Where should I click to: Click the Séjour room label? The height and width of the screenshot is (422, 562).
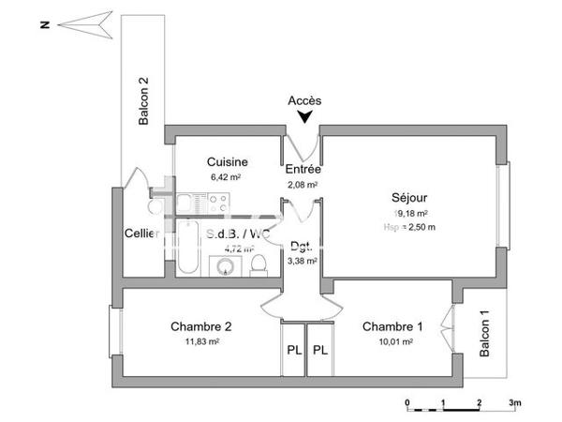[410, 198]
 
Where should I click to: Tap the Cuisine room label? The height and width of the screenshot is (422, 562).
[227, 161]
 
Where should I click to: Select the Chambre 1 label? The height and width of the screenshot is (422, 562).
[392, 326]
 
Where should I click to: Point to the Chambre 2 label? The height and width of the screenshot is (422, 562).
[200, 326]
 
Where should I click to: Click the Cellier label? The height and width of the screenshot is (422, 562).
[141, 234]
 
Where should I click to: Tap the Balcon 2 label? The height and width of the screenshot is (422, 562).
[144, 101]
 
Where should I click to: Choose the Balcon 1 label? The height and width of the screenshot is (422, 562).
[484, 334]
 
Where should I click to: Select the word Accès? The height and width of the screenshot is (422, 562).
[304, 100]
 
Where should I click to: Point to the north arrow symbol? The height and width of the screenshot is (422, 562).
[90, 25]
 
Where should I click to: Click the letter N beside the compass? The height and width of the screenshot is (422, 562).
[44, 25]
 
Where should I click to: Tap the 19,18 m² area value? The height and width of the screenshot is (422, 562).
[410, 213]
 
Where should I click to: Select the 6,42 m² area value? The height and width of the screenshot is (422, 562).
[227, 176]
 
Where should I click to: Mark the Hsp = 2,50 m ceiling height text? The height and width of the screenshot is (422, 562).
[410, 227]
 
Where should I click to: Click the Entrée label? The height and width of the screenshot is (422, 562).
[303, 170]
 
